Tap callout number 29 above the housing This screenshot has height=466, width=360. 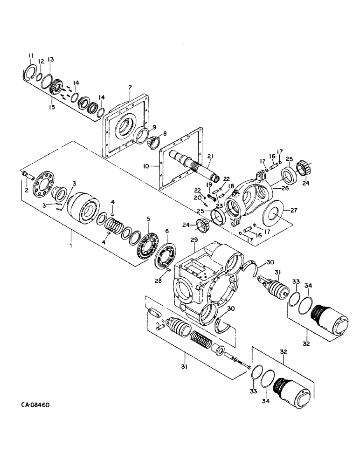pos(194,240)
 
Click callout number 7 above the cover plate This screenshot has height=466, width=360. pos(131,87)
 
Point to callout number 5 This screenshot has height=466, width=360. pos(148,218)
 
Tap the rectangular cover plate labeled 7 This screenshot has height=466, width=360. pos(125,126)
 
